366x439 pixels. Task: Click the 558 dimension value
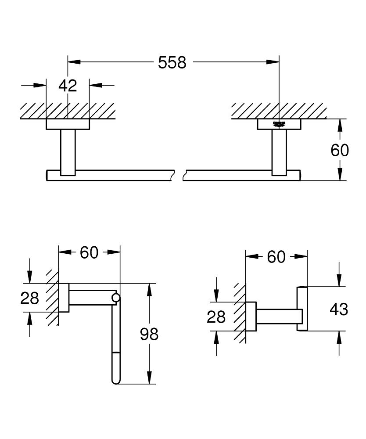click(172, 63)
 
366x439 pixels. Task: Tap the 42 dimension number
click(68, 85)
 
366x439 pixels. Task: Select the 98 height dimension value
click(149, 335)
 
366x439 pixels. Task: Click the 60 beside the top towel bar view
click(340, 150)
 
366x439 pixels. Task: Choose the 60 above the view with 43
click(276, 257)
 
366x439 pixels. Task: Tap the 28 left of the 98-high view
click(30, 299)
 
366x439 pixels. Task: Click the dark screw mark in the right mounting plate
click(279, 124)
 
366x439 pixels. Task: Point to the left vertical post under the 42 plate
click(68, 152)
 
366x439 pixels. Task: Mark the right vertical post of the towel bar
click(279, 152)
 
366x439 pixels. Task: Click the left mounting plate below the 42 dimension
click(68, 125)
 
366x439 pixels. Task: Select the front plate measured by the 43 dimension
click(302, 309)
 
